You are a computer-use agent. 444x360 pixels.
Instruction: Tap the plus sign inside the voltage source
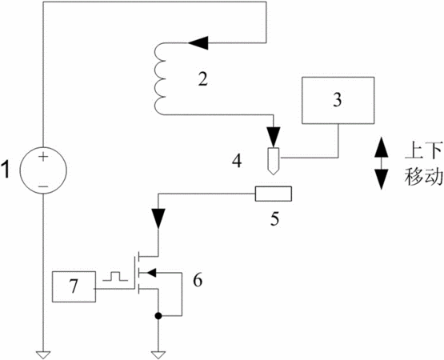point(43,157)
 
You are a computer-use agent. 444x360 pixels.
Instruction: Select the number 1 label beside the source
point(6,170)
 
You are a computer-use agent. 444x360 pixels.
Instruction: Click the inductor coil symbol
point(160,79)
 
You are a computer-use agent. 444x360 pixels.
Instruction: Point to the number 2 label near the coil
point(202,79)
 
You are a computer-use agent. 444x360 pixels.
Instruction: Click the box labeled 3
point(338,100)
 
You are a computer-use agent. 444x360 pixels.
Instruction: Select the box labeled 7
point(74,286)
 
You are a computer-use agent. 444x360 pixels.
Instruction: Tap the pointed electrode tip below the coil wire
point(274,161)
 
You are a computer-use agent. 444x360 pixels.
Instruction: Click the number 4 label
point(237,161)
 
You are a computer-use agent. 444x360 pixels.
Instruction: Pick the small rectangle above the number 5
point(274,194)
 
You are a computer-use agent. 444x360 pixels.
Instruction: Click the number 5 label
point(274,218)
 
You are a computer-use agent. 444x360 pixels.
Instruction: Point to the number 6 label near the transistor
point(198,281)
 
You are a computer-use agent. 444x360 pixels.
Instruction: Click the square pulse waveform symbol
point(115,277)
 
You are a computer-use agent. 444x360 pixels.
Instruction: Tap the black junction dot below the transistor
point(158,315)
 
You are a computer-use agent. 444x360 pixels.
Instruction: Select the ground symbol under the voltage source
point(43,355)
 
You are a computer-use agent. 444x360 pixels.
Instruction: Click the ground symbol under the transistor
point(158,355)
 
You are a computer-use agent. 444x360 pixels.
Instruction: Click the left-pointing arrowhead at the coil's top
point(198,43)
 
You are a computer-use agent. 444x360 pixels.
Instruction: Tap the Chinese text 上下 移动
point(423,164)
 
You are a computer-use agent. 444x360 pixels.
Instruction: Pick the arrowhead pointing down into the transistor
point(158,218)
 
